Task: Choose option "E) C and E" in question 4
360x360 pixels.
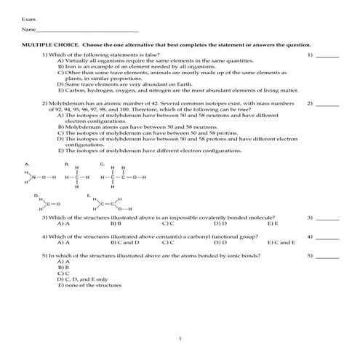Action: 281,243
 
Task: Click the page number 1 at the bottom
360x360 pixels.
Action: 180,339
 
